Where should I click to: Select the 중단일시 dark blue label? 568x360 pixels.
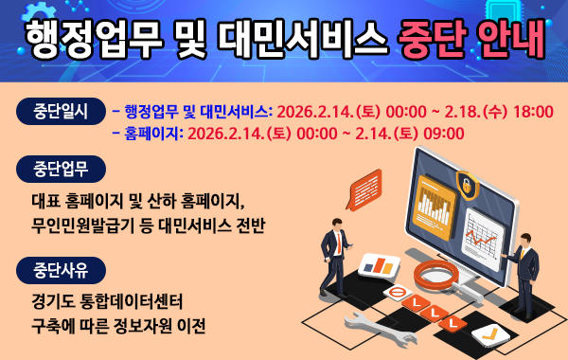(x=60, y=112)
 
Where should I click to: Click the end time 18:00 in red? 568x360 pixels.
(x=535, y=112)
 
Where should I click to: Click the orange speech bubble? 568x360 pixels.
(x=364, y=189)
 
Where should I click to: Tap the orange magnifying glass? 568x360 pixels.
(x=436, y=276)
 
